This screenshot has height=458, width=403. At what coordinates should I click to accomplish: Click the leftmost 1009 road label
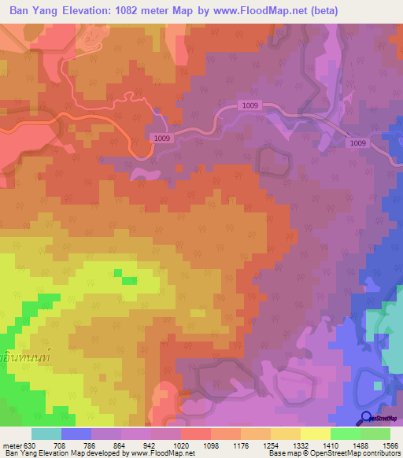click(162, 138)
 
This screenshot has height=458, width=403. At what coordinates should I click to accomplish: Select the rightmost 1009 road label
click(357, 142)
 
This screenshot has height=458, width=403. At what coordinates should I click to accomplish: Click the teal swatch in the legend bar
click(46, 434)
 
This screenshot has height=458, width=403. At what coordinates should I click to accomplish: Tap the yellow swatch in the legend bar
click(315, 434)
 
